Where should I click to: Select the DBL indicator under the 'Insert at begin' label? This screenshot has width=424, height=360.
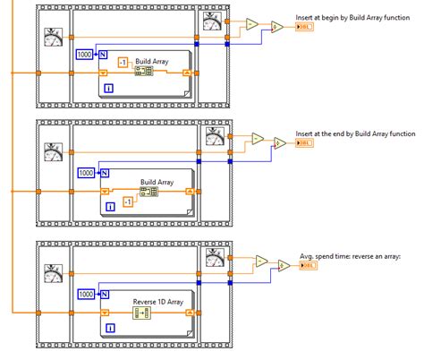coord(305,28)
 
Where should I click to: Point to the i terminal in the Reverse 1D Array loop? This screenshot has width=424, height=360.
coord(109,328)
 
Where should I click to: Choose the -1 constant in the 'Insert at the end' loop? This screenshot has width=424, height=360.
coord(128,202)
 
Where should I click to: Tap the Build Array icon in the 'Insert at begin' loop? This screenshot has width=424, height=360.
coord(143,73)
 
